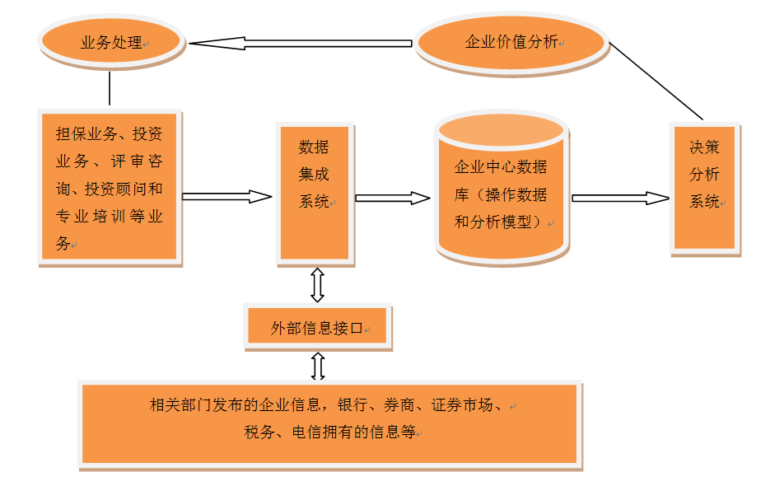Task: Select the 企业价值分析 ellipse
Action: click(511, 42)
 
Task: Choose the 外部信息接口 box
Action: click(317, 328)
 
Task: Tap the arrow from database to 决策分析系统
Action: click(620, 198)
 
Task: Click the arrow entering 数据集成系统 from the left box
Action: click(226, 196)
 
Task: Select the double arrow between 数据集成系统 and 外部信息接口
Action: click(317, 284)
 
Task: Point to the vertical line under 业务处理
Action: click(110, 89)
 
